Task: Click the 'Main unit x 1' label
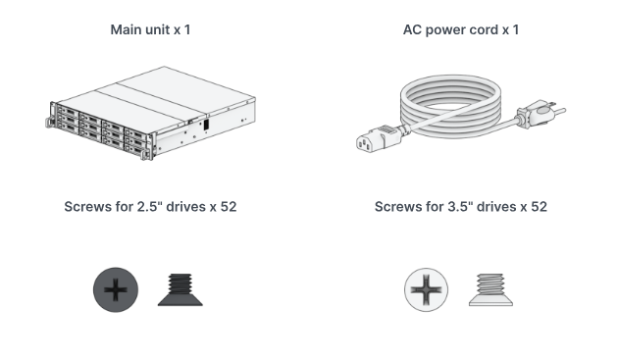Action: point(150,29)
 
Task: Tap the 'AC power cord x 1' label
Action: point(461,29)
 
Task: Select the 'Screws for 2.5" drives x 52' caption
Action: point(150,207)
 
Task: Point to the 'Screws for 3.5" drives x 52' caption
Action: point(461,207)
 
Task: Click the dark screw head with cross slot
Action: point(116,291)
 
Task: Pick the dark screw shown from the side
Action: point(181,290)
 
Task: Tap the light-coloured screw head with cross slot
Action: point(426,291)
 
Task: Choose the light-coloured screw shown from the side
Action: point(490,290)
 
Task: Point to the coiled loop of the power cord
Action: point(446,108)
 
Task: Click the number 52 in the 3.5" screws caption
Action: point(538,207)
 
